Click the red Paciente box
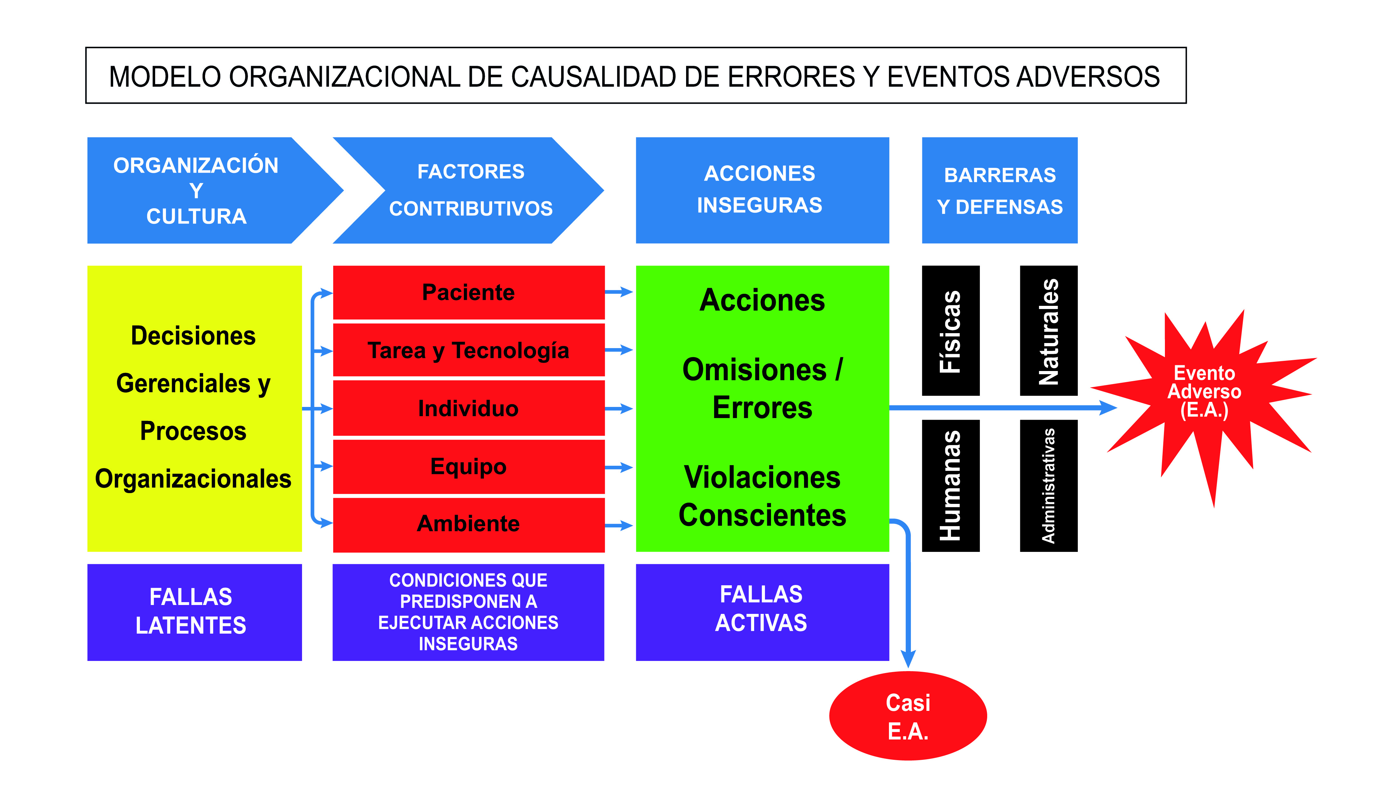pos(468,292)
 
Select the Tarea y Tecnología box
pos(468,350)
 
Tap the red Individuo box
pos(468,409)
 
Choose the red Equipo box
pos(468,466)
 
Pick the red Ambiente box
pos(468,524)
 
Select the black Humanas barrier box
pos(950,485)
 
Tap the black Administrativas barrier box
pos(1048,485)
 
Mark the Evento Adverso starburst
pos(1204,391)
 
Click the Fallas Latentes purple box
pos(194,612)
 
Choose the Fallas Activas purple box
pos(762,612)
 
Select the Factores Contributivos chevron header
pos(470,190)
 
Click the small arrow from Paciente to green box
pos(619,292)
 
